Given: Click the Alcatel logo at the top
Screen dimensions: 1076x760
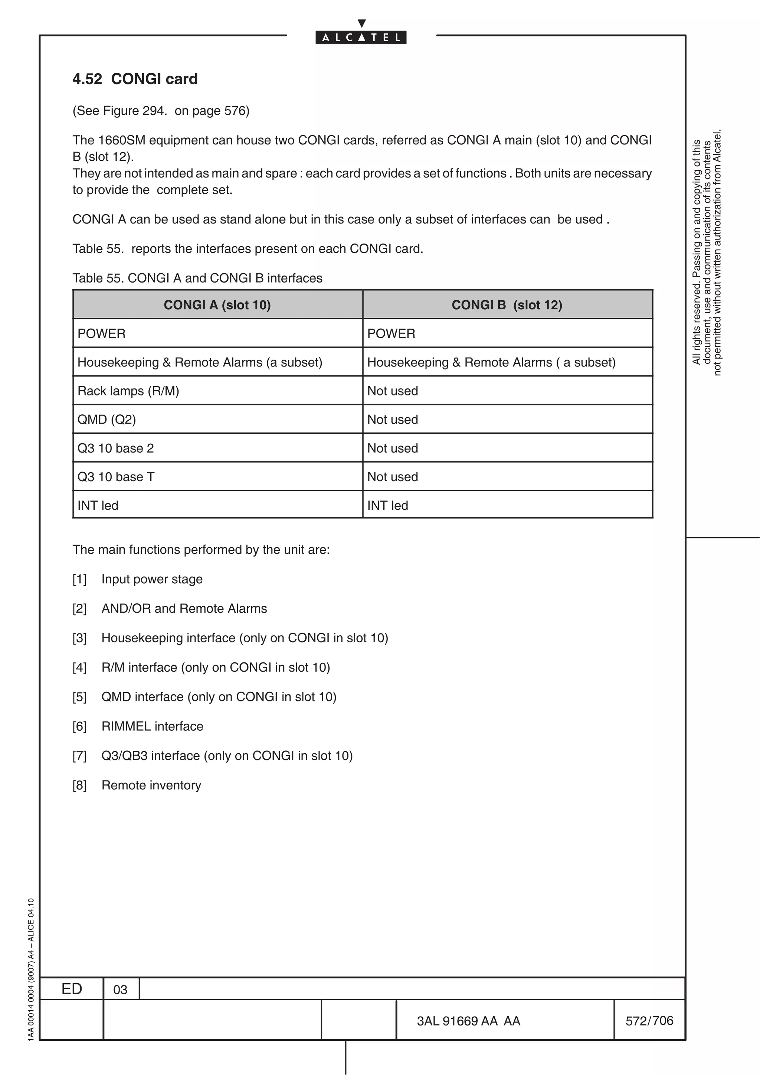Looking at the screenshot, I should pyautogui.click(x=361, y=37).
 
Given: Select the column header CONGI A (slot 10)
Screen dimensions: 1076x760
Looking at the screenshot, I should pyautogui.click(x=217, y=305).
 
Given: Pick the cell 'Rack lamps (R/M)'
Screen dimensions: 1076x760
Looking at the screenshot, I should pyautogui.click(x=128, y=391).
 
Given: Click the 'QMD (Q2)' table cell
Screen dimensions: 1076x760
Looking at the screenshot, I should pyautogui.click(x=107, y=420).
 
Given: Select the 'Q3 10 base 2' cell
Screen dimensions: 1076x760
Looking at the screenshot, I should pyautogui.click(x=116, y=448).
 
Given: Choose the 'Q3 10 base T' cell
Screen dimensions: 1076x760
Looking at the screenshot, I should pyautogui.click(x=116, y=477).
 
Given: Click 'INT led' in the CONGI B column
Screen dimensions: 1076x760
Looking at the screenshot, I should pyautogui.click(x=387, y=505).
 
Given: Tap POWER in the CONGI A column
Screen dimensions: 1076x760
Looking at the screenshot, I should pyautogui.click(x=101, y=334).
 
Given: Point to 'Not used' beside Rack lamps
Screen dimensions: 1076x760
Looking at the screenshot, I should pyautogui.click(x=392, y=391).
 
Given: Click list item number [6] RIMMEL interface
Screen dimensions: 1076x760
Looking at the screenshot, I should pyautogui.click(x=152, y=726).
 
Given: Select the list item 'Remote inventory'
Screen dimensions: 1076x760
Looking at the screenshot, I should pyautogui.click(x=151, y=785).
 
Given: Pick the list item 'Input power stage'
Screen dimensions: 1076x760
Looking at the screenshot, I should pyautogui.click(x=152, y=579).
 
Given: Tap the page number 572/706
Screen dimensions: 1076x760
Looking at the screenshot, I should pyautogui.click(x=649, y=1020).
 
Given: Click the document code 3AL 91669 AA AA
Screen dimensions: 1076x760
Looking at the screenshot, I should pyautogui.click(x=468, y=1021).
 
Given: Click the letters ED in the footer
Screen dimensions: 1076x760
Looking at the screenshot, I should pyautogui.click(x=72, y=989).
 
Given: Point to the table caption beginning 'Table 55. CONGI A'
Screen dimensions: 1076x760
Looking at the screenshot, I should pyautogui.click(x=197, y=278).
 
